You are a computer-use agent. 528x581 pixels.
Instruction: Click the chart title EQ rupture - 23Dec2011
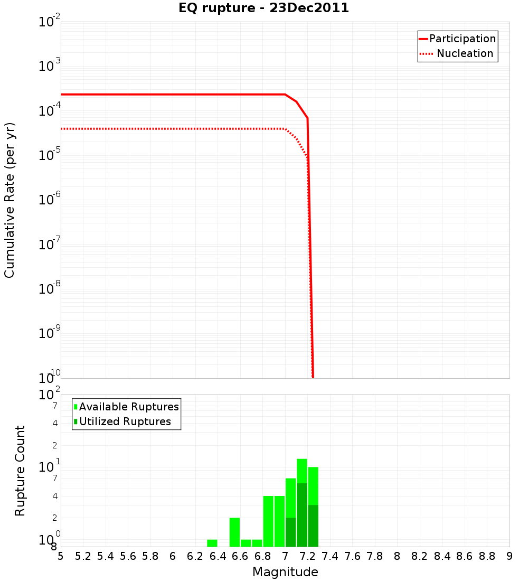pyautogui.click(x=263, y=8)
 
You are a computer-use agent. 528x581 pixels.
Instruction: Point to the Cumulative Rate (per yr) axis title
pyautogui.click(x=10, y=200)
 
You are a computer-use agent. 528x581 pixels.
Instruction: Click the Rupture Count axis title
pyautogui.click(x=20, y=470)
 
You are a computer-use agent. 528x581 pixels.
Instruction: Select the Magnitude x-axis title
pyautogui.click(x=285, y=572)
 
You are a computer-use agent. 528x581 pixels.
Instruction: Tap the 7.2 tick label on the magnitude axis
pyautogui.click(x=307, y=556)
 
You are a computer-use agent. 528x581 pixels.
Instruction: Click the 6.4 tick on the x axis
pyautogui.click(x=218, y=556)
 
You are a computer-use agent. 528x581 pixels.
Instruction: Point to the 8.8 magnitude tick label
pyautogui.click(x=487, y=556)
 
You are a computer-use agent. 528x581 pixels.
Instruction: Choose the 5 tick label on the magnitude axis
pyautogui.click(x=61, y=556)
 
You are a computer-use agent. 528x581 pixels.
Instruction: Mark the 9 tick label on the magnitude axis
pyautogui.click(x=510, y=556)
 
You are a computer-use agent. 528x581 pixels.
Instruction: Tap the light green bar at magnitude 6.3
pyautogui.click(x=212, y=543)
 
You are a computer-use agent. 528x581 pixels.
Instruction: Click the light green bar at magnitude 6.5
pyautogui.click(x=234, y=532)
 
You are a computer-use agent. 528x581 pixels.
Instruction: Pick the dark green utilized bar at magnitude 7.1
pyautogui.click(x=302, y=515)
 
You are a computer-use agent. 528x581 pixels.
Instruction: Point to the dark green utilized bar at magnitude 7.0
pyautogui.click(x=290, y=532)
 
